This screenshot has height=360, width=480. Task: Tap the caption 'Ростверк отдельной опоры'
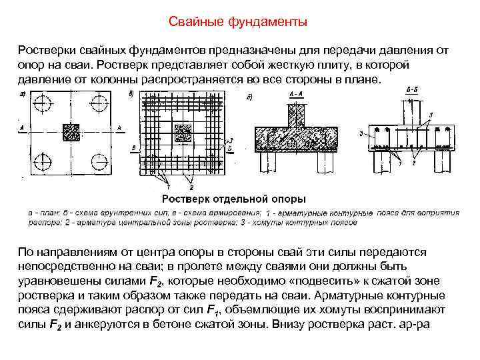[x=235, y=198]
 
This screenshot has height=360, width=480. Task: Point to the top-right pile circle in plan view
[x=99, y=103]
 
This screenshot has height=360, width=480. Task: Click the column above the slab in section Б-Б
[x=409, y=110]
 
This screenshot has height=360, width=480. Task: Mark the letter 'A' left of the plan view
[x=24, y=127]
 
